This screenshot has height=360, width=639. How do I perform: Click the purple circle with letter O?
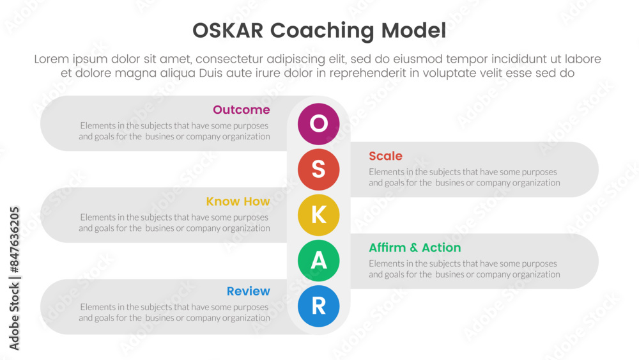click(319, 124)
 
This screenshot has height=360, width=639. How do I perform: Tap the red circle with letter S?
click(319, 169)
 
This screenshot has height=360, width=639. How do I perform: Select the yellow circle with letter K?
click(319, 215)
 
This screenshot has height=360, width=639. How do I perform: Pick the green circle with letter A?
click(319, 260)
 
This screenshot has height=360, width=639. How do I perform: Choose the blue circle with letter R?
click(319, 306)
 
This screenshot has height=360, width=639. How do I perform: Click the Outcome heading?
click(242, 110)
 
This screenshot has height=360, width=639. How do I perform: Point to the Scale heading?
click(385, 156)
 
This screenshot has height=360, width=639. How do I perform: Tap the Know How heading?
click(238, 201)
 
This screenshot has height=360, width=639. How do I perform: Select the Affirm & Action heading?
click(415, 247)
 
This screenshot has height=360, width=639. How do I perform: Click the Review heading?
click(249, 291)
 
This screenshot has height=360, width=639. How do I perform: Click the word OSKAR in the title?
click(228, 31)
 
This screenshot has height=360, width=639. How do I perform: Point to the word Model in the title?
click(413, 31)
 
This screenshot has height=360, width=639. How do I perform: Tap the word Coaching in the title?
click(322, 31)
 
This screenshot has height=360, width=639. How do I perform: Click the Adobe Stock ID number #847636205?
click(14, 240)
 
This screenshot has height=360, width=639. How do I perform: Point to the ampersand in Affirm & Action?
click(414, 247)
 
